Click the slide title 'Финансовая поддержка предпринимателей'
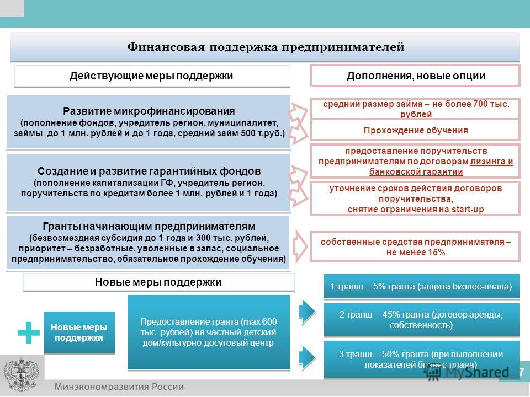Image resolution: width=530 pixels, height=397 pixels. click(x=266, y=46)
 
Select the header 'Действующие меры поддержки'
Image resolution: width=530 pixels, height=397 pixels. click(x=151, y=76)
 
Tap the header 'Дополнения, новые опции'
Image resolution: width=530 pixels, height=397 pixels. click(x=416, y=76)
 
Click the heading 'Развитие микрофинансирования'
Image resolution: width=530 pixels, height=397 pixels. click(x=149, y=111)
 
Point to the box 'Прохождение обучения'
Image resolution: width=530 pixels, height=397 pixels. click(x=415, y=130)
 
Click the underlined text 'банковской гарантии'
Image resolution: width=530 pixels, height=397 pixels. click(x=416, y=172)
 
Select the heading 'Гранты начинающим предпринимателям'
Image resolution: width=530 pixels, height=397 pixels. click(x=149, y=226)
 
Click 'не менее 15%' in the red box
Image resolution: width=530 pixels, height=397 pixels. click(x=416, y=252)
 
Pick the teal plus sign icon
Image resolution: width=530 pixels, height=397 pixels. click(x=28, y=333)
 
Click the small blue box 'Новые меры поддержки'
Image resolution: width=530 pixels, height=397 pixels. click(x=79, y=332)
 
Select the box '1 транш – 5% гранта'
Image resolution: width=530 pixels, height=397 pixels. click(x=421, y=286)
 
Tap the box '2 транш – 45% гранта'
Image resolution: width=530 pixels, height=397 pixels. click(x=421, y=319)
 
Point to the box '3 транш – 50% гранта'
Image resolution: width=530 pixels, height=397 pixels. click(x=421, y=359)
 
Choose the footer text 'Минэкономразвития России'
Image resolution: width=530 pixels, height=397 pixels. click(x=119, y=387)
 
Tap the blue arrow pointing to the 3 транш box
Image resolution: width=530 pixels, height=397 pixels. click(x=307, y=357)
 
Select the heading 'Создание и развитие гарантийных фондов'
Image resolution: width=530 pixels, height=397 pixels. click(x=149, y=171)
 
